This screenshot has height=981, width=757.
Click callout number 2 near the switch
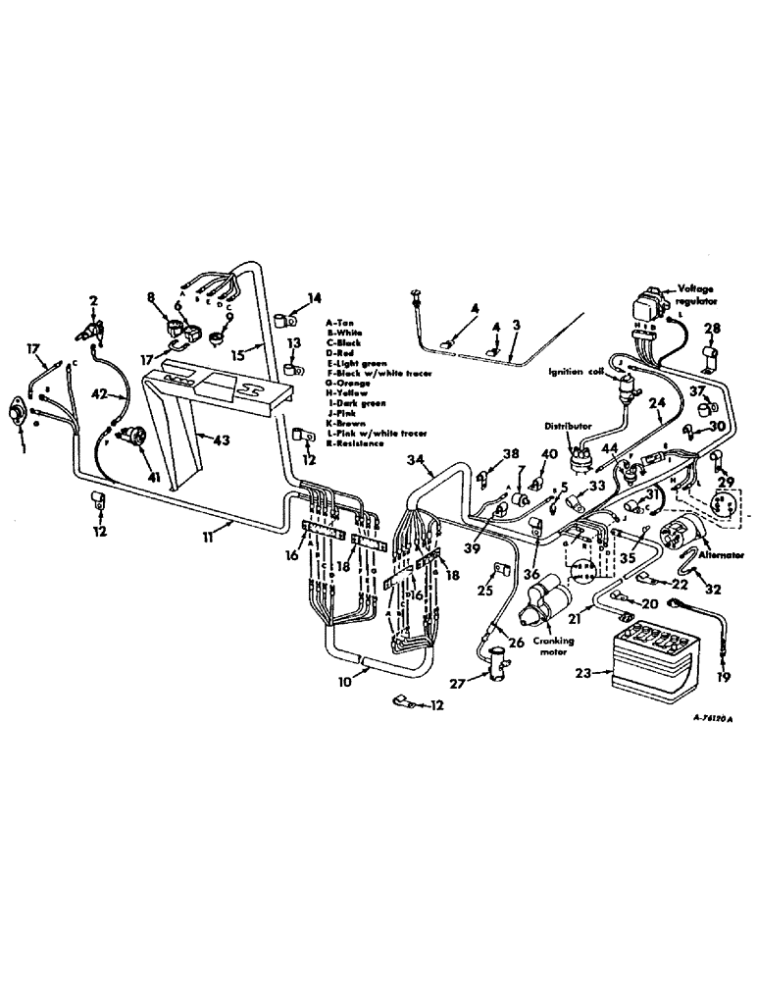pyautogui.click(x=94, y=300)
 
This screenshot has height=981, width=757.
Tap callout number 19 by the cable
pyautogui.click(x=725, y=678)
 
